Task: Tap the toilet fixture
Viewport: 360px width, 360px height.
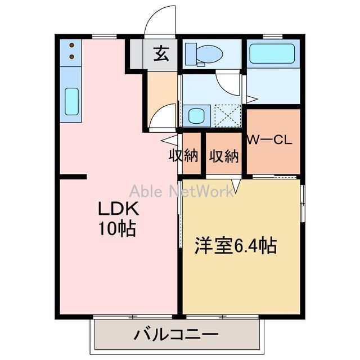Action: click(x=203, y=54)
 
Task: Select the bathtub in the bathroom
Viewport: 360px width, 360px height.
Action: click(x=274, y=55)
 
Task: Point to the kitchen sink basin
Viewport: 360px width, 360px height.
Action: click(x=71, y=101)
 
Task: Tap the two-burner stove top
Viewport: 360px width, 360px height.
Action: click(x=71, y=52)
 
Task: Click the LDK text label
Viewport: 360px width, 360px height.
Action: click(x=118, y=210)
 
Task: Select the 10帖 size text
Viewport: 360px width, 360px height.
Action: click(x=118, y=229)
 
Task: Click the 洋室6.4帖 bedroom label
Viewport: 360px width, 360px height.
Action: click(x=236, y=246)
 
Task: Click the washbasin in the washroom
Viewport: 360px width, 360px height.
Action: click(x=196, y=116)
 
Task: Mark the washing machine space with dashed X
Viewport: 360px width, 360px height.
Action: click(x=227, y=115)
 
